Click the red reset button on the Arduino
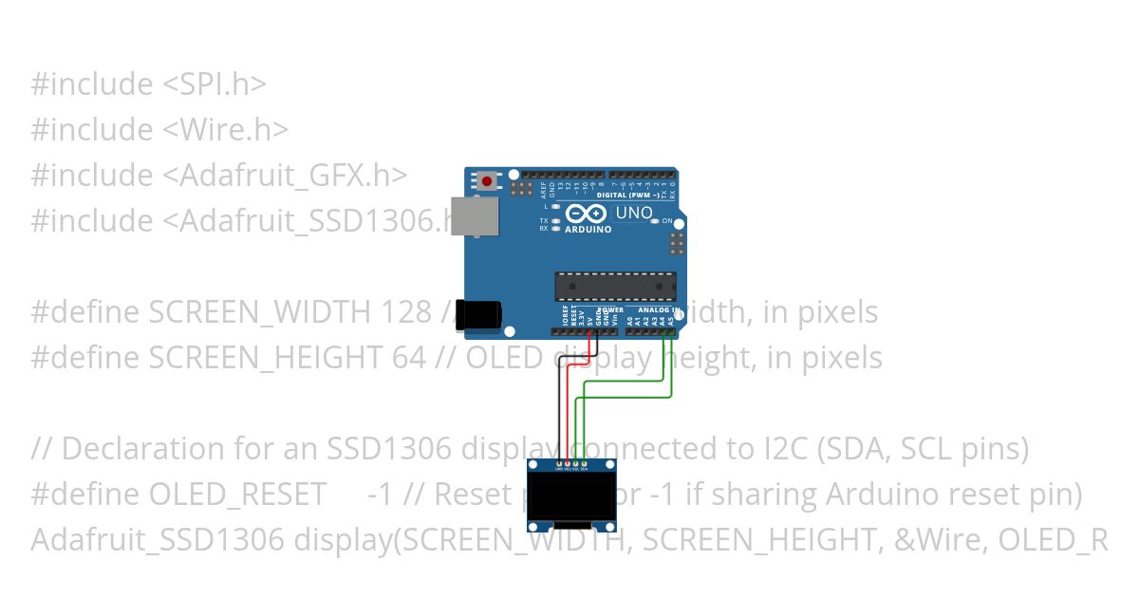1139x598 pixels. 488,180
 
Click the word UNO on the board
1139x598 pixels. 634,213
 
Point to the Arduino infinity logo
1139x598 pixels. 586,215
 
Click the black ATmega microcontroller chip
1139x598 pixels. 616,286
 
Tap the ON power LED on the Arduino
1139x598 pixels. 654,221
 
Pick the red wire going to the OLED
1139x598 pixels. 568,408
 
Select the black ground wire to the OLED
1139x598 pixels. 559,408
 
